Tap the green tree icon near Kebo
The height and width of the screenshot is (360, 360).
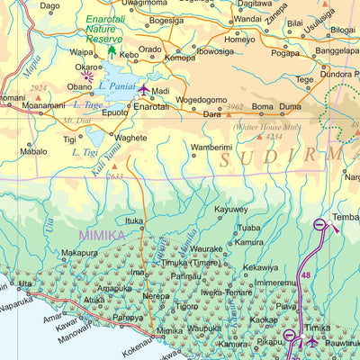click(x=112, y=52)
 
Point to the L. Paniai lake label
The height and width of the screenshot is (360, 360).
click(x=118, y=85)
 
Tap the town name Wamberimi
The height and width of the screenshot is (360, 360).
click(x=211, y=146)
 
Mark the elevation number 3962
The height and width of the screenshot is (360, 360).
click(x=236, y=107)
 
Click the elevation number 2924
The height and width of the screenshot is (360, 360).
click(x=38, y=88)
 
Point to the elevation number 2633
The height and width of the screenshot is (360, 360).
click(x=115, y=177)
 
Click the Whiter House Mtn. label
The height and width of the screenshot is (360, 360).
click(x=265, y=127)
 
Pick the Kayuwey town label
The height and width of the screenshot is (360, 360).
click(x=231, y=209)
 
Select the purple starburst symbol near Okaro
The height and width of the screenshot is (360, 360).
click(x=88, y=77)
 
